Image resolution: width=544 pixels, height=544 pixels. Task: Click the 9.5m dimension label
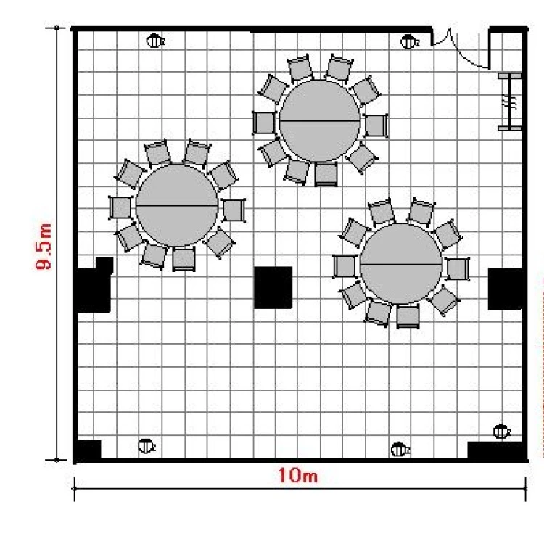tap(43, 247)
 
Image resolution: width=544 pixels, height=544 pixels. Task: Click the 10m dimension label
tap(297, 475)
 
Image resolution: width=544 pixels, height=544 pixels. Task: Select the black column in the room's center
tap(273, 288)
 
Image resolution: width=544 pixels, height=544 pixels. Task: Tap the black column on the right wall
tap(506, 289)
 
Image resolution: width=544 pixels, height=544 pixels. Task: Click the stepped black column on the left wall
tap(94, 284)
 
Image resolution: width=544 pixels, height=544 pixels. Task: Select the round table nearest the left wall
tap(177, 206)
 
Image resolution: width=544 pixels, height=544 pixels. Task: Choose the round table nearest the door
tap(320, 121)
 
